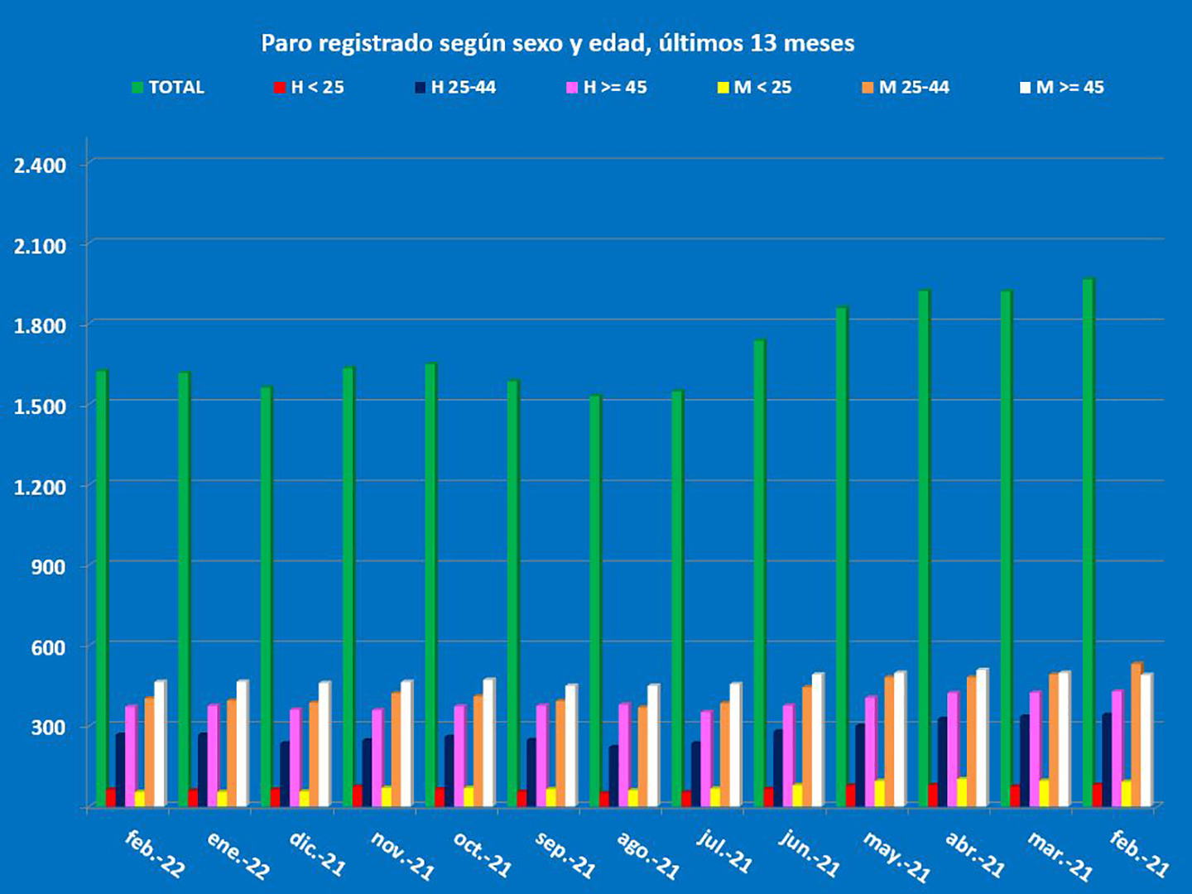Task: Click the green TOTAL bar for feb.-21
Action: coord(1089,542)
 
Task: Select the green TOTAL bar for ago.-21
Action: coord(595,600)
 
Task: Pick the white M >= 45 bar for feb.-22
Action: coord(160,743)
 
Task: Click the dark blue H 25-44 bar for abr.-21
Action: coord(942,762)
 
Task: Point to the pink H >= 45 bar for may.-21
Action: coord(870,751)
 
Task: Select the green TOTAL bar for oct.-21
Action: coord(430,584)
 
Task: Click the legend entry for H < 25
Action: coord(309,88)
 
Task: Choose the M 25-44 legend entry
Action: coord(906,88)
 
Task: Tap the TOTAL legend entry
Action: coord(168,88)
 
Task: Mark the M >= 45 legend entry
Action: coord(1062,88)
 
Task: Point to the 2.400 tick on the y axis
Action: coord(40,166)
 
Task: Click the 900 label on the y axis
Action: coord(49,568)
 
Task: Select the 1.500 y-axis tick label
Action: coord(40,406)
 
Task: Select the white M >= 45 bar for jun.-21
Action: coord(818,739)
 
